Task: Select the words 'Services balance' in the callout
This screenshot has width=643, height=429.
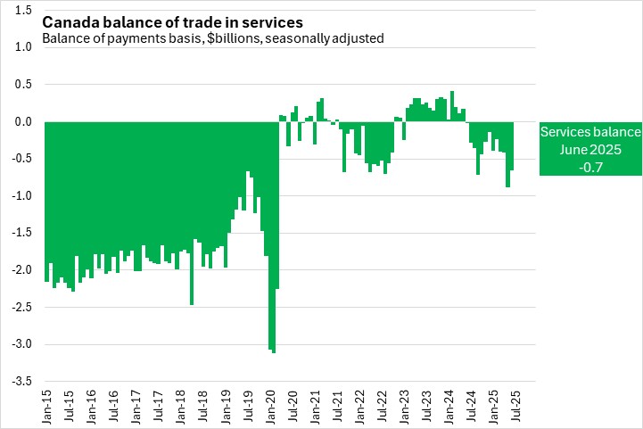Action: tap(589, 132)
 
